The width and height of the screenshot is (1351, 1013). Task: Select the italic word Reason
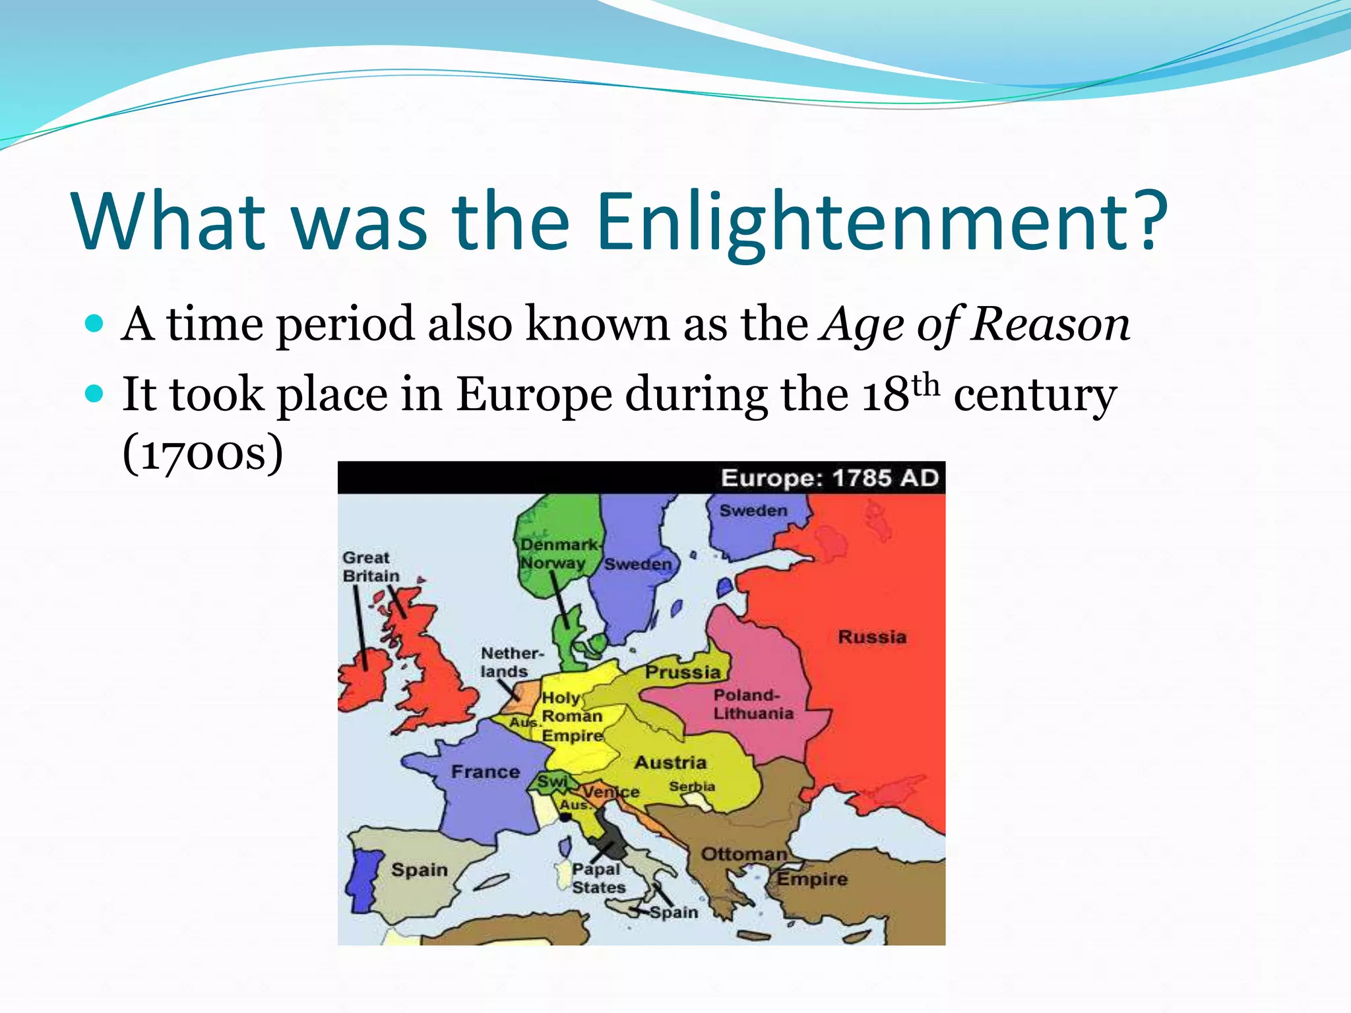[1050, 324]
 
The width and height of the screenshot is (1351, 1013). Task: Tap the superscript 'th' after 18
[926, 384]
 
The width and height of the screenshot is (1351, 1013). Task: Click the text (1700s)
[203, 453]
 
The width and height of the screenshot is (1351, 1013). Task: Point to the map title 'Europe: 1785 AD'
[829, 477]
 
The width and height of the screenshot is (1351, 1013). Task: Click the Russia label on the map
[872, 637]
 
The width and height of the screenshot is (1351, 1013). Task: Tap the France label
[486, 772]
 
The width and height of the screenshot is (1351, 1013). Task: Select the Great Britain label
[370, 567]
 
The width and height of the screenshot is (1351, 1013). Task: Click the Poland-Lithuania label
[753, 704]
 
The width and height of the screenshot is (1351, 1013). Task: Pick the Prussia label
[683, 672]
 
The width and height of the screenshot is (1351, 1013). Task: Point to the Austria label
[670, 762]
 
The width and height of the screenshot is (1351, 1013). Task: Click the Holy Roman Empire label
[572, 716]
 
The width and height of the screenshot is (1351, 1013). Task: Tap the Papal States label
[598, 878]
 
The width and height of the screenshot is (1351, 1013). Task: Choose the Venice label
[611, 791]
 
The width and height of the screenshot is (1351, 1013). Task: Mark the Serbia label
[692, 786]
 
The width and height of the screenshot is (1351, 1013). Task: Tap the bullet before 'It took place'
[95, 394]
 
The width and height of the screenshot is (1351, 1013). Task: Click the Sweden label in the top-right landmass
[753, 510]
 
